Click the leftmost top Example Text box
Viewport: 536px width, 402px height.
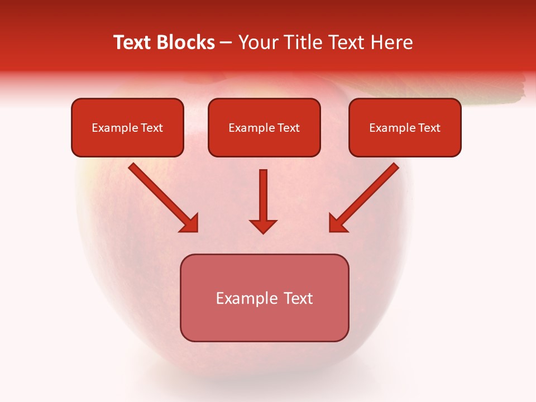(x=127, y=127)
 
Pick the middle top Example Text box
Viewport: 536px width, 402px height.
(x=264, y=127)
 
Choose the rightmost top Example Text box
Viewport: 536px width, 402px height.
(x=405, y=127)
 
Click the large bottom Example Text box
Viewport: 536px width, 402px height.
(x=264, y=298)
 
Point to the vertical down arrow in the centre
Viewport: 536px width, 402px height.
(x=263, y=195)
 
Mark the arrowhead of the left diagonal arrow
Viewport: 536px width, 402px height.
(x=190, y=223)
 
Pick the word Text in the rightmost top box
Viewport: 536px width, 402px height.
(x=429, y=128)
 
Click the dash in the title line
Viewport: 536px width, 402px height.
(x=226, y=42)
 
